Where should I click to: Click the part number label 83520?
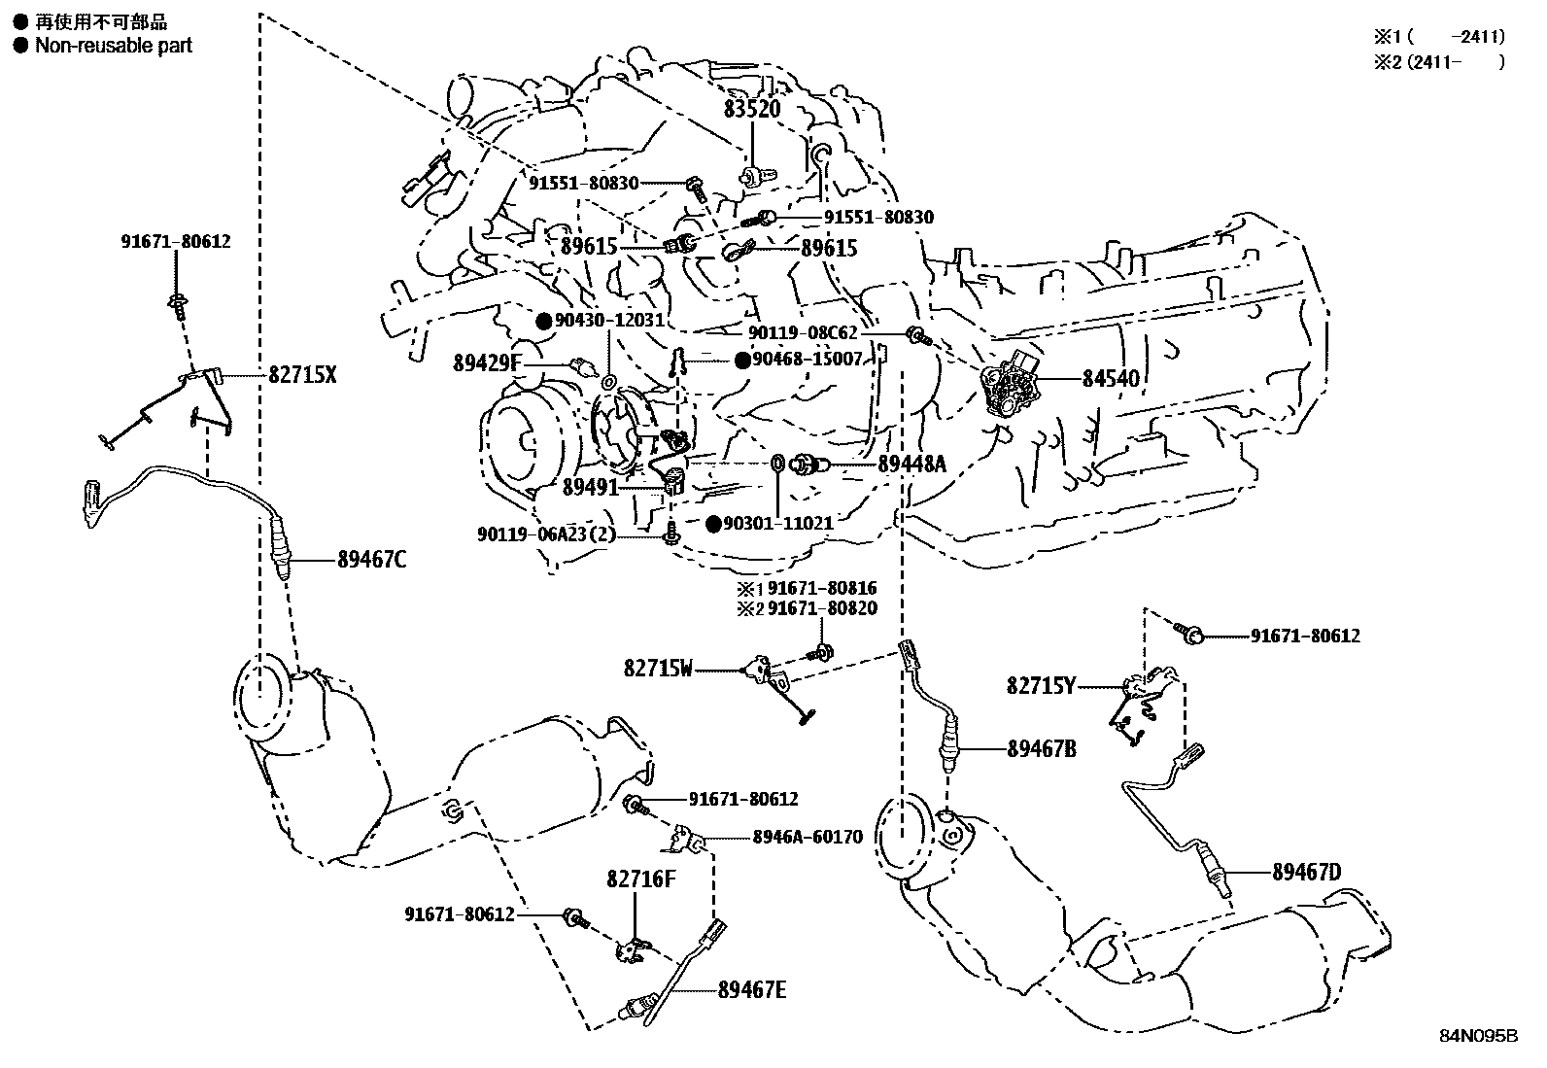pyautogui.click(x=751, y=110)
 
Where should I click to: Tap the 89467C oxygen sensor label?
pyautogui.click(x=372, y=560)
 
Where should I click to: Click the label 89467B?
pyautogui.click(x=1041, y=749)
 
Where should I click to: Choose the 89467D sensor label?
pyautogui.click(x=1306, y=873)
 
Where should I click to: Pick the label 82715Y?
pyautogui.click(x=1041, y=686)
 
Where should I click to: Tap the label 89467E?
pyautogui.click(x=751, y=990)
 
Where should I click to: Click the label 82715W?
pyautogui.click(x=659, y=669)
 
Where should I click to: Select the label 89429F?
pyautogui.click(x=488, y=364)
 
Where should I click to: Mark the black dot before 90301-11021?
pyautogui.click(x=714, y=524)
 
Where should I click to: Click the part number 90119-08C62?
pyautogui.click(x=804, y=333)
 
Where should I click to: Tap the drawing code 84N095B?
pyautogui.click(x=1478, y=1036)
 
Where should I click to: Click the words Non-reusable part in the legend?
pyautogui.click(x=114, y=46)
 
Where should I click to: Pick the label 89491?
pyautogui.click(x=590, y=485)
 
